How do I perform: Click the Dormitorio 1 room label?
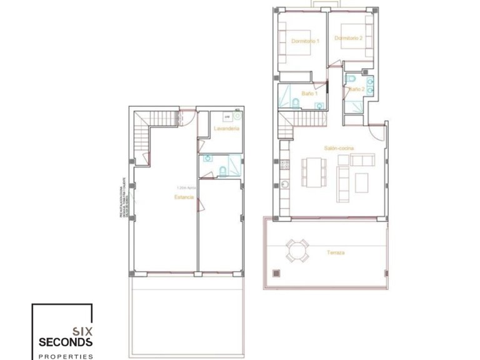(306, 41)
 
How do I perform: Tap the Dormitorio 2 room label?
(349, 38)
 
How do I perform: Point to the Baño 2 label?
(356, 89)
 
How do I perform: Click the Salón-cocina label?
(339, 147)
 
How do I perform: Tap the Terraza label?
(336, 253)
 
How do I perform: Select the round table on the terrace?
(297, 251)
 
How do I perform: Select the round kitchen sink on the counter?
(284, 184)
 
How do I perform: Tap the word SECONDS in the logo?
(66, 342)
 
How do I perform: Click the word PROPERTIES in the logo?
(66, 356)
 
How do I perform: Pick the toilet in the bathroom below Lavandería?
(222, 172)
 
